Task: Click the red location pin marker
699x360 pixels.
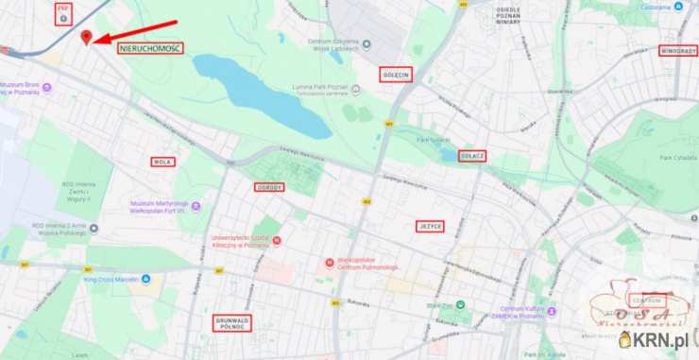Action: click(87, 37)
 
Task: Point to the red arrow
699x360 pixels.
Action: click(136, 32)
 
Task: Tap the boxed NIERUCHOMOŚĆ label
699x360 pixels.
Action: click(151, 47)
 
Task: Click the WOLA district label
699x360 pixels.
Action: click(162, 162)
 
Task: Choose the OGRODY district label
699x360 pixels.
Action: click(269, 187)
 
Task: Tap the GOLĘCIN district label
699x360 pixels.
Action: click(397, 74)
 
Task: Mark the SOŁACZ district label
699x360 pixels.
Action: click(472, 155)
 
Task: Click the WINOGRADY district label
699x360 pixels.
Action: click(678, 50)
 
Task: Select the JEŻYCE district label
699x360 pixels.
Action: click(429, 226)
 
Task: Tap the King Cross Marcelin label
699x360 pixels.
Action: click(117, 280)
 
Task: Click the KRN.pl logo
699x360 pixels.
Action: click(657, 338)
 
